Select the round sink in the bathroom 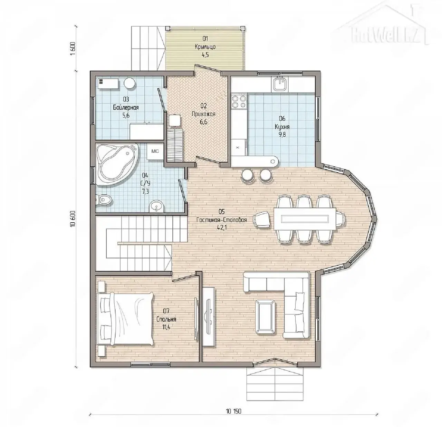pos(156,206)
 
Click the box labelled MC pos(155,151)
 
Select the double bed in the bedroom pos(125,319)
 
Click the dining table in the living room pos(305,219)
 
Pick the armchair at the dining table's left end pos(262,219)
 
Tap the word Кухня pos(282,126)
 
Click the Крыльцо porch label pos(205,47)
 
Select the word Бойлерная pos(126,107)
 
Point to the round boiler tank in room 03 pos(130,83)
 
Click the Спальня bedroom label pos(166,319)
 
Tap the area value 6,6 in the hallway pos(203,122)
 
